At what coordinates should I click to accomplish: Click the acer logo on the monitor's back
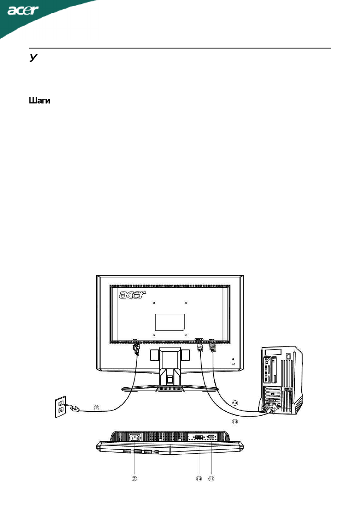tap(132, 295)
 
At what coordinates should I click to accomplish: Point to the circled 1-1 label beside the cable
tap(235, 403)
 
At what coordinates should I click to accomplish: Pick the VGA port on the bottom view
tap(211, 437)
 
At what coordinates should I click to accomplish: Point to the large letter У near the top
tap(32, 58)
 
